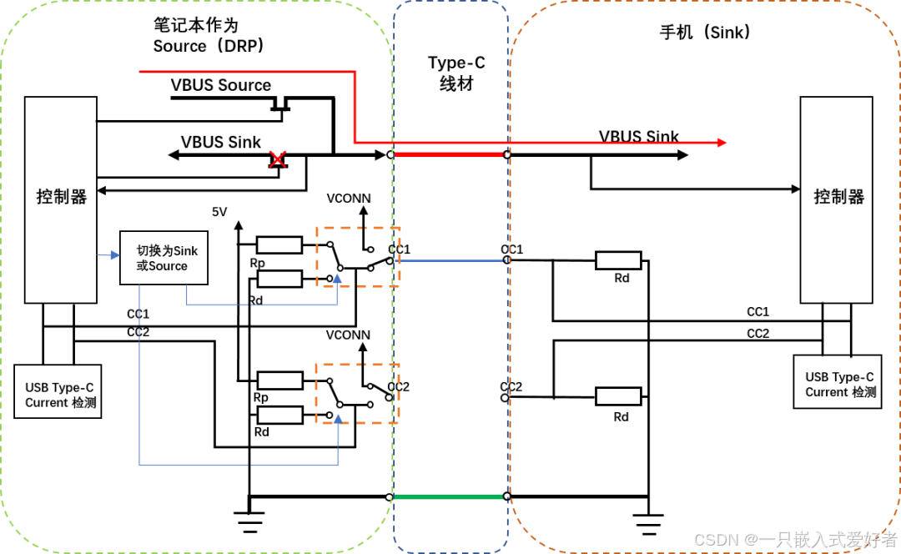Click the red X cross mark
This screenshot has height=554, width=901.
(x=278, y=159)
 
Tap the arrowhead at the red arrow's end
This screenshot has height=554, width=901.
(x=722, y=143)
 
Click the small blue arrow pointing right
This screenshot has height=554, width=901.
(x=113, y=254)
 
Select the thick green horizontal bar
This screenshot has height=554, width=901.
(x=448, y=496)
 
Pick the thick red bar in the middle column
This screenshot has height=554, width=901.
(x=449, y=154)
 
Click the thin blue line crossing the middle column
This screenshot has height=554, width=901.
(x=450, y=261)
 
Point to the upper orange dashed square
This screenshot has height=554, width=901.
(x=358, y=256)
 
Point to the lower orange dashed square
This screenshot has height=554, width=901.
(x=357, y=393)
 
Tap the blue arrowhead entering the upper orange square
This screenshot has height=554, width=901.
(x=337, y=278)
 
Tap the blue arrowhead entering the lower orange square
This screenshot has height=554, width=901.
(x=338, y=418)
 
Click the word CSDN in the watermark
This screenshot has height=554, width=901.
(x=715, y=539)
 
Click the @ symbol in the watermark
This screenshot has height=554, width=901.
(x=750, y=539)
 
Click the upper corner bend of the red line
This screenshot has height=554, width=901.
(x=355, y=72)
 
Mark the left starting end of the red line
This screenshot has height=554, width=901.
(x=140, y=72)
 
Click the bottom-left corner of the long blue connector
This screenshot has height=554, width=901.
(x=139, y=465)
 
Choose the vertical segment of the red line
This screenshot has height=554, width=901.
(x=355, y=107)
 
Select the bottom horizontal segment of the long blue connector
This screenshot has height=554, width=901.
(x=238, y=465)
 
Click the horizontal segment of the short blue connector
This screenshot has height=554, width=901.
(x=261, y=305)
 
